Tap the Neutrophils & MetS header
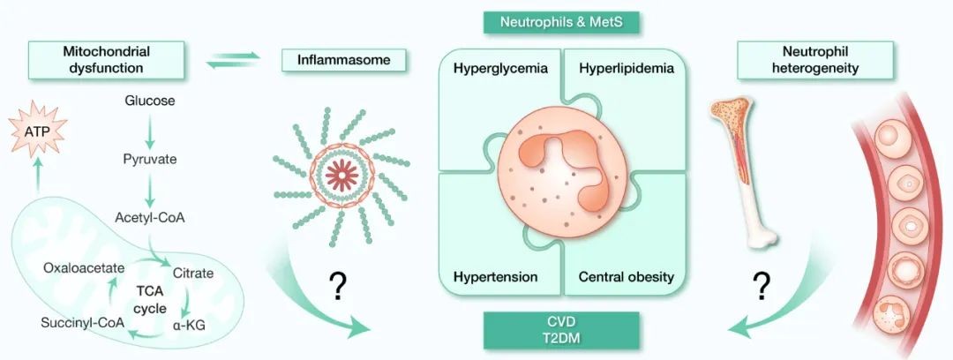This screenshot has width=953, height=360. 560,19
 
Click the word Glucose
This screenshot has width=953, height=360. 150,100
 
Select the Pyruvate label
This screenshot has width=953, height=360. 150,160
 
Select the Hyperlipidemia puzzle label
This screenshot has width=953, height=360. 627,68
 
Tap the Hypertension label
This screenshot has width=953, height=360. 496,277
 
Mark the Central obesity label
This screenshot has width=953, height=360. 627,277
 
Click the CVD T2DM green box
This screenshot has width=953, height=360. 560,329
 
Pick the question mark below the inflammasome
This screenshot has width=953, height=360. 336,284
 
